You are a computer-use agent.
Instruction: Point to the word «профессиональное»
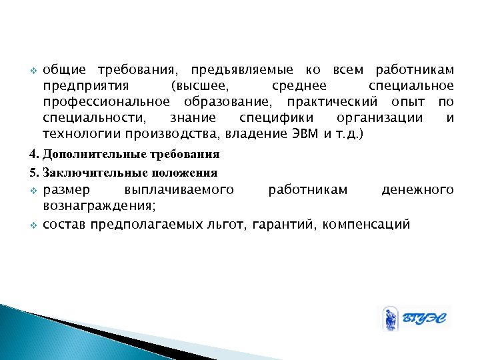pyautogui.click(x=105, y=103)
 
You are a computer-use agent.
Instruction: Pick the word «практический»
pyautogui.click(x=332, y=103)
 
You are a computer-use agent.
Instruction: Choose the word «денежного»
pyautogui.click(x=417, y=190)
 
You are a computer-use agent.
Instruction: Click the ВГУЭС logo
pyautogui.click(x=414, y=318)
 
